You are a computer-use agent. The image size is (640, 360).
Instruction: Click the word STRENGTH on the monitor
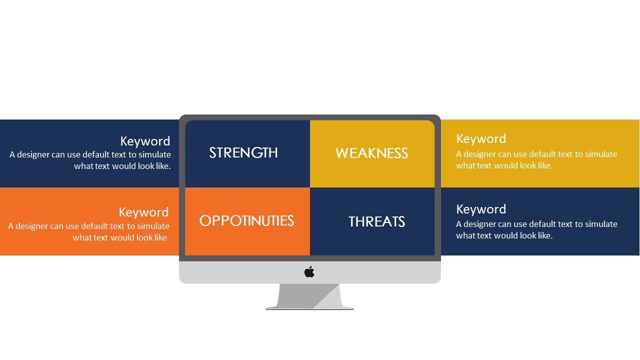[243, 153]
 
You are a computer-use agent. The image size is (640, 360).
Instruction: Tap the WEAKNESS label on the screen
[371, 153]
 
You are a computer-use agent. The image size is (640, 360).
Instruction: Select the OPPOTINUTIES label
[246, 221]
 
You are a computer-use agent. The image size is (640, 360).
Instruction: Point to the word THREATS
[377, 221]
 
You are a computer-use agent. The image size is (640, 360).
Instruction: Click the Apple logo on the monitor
[309, 271]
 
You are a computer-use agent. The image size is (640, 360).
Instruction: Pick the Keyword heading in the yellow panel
[481, 139]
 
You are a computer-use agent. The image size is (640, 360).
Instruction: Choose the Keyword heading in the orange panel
[143, 212]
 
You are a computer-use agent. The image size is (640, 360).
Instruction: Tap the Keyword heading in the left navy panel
[145, 141]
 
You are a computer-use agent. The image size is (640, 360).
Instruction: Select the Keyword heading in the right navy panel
[481, 209]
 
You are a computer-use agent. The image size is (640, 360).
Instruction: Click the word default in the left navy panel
[96, 154]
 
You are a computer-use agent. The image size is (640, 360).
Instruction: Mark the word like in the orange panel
[162, 237]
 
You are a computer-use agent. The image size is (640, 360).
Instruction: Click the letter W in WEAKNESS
[342, 153]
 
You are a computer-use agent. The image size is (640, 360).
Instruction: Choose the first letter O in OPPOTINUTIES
[205, 221]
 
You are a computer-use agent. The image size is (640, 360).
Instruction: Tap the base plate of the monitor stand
[309, 308]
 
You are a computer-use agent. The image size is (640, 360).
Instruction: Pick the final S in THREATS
[401, 221]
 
